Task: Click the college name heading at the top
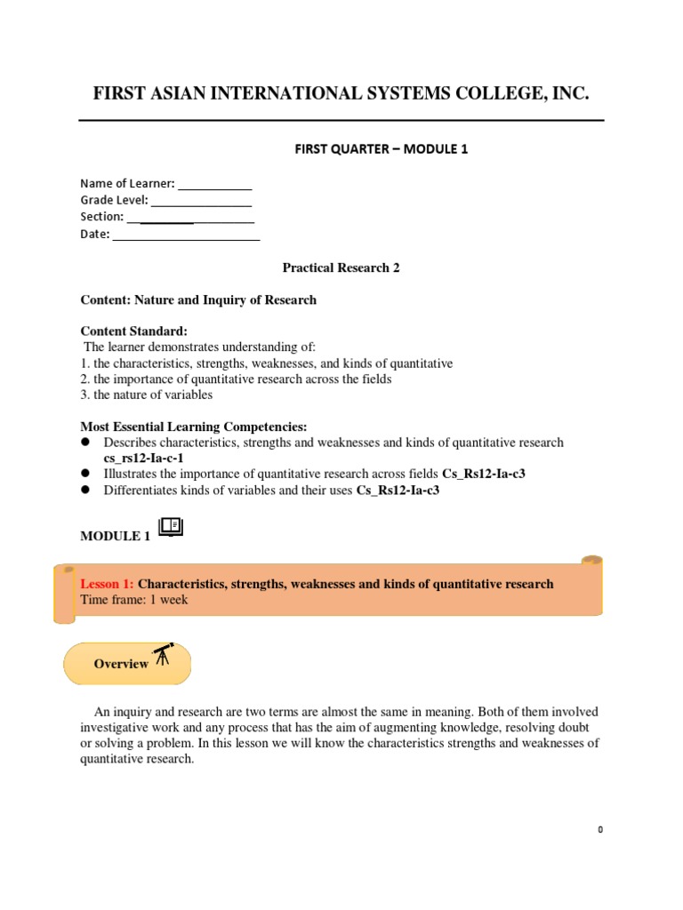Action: (341, 94)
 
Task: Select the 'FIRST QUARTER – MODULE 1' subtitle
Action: (381, 149)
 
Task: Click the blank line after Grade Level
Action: (201, 201)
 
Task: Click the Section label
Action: (101, 217)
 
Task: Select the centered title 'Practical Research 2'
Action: (341, 267)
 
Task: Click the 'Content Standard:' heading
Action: (133, 331)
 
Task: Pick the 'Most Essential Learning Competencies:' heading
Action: (193, 427)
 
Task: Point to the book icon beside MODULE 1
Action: (169, 528)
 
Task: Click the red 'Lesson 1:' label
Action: (107, 584)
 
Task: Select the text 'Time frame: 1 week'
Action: (134, 600)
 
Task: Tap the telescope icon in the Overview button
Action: (163, 656)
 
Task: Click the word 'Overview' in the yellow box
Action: (121, 664)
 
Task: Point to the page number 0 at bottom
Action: (600, 829)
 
